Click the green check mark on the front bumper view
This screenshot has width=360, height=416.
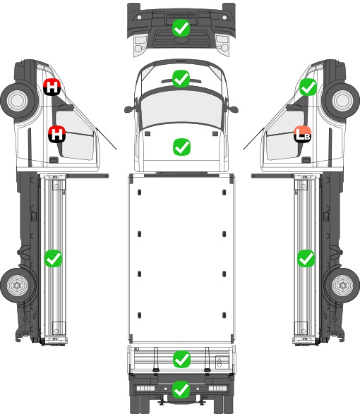181,28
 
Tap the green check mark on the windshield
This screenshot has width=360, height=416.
181,78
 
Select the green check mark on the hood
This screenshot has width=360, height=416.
181,147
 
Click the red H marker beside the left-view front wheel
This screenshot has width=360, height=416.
52,87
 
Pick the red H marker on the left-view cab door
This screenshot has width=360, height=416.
57,134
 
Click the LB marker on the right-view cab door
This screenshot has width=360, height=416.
303,134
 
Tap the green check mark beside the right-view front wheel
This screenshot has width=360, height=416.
308,87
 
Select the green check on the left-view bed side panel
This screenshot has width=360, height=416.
53,258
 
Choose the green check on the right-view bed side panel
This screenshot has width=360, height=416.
306,258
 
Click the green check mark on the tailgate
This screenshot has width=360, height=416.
181,360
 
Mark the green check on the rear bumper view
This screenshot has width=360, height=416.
181,389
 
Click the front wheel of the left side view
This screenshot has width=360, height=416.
18,101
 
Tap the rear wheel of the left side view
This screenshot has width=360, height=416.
18,286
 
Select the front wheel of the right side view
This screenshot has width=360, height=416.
342,101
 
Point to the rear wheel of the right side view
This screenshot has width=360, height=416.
342,286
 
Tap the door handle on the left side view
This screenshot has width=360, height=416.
54,160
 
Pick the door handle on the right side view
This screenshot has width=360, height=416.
306,160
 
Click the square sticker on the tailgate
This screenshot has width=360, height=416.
222,362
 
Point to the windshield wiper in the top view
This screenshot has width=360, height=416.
181,80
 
